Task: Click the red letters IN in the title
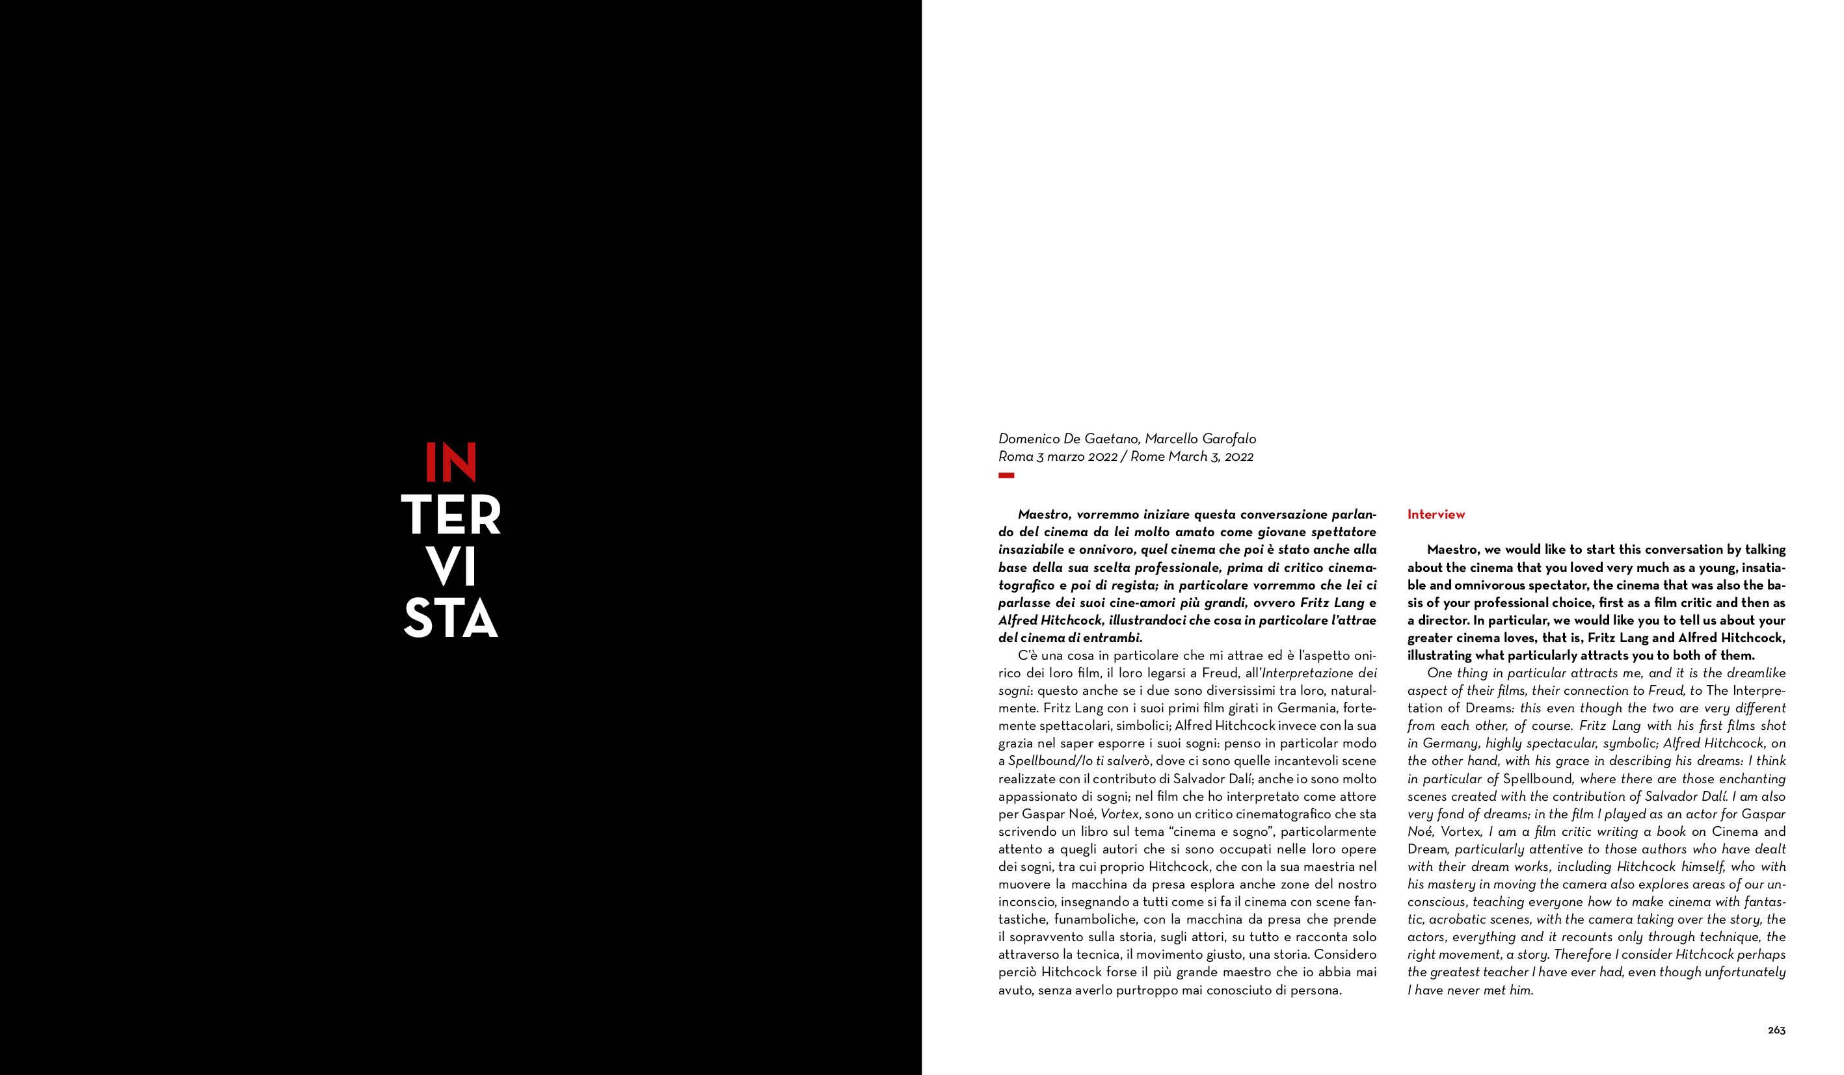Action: click(x=451, y=462)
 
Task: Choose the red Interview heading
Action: click(x=1436, y=514)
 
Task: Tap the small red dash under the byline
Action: click(x=1006, y=476)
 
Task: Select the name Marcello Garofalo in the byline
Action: click(x=1200, y=439)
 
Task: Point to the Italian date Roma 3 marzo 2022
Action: click(x=1058, y=457)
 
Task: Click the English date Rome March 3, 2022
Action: click(x=1192, y=457)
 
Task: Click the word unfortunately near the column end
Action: click(x=1744, y=972)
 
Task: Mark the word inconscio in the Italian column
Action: click(x=1025, y=901)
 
